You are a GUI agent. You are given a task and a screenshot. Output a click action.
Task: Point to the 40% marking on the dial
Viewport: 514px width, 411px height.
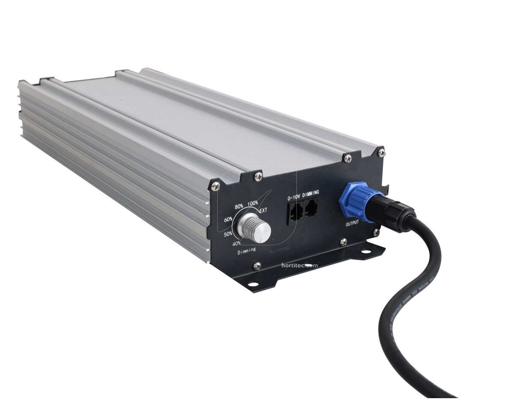(236, 243)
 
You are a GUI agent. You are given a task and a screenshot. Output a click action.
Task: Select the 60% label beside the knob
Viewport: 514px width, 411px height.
(228, 220)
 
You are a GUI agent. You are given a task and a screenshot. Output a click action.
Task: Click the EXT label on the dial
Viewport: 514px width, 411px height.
(263, 211)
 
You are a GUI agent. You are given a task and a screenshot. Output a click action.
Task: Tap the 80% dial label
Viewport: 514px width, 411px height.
(240, 206)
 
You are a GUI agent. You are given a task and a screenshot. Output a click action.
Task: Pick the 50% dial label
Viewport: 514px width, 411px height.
(228, 234)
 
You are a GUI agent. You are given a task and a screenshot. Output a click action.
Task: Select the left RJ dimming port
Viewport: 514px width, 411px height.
(296, 211)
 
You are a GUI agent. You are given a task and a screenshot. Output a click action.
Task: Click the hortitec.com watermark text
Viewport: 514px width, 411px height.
(299, 265)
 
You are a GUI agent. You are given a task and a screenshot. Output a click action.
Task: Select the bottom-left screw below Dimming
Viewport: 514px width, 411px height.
(257, 266)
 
